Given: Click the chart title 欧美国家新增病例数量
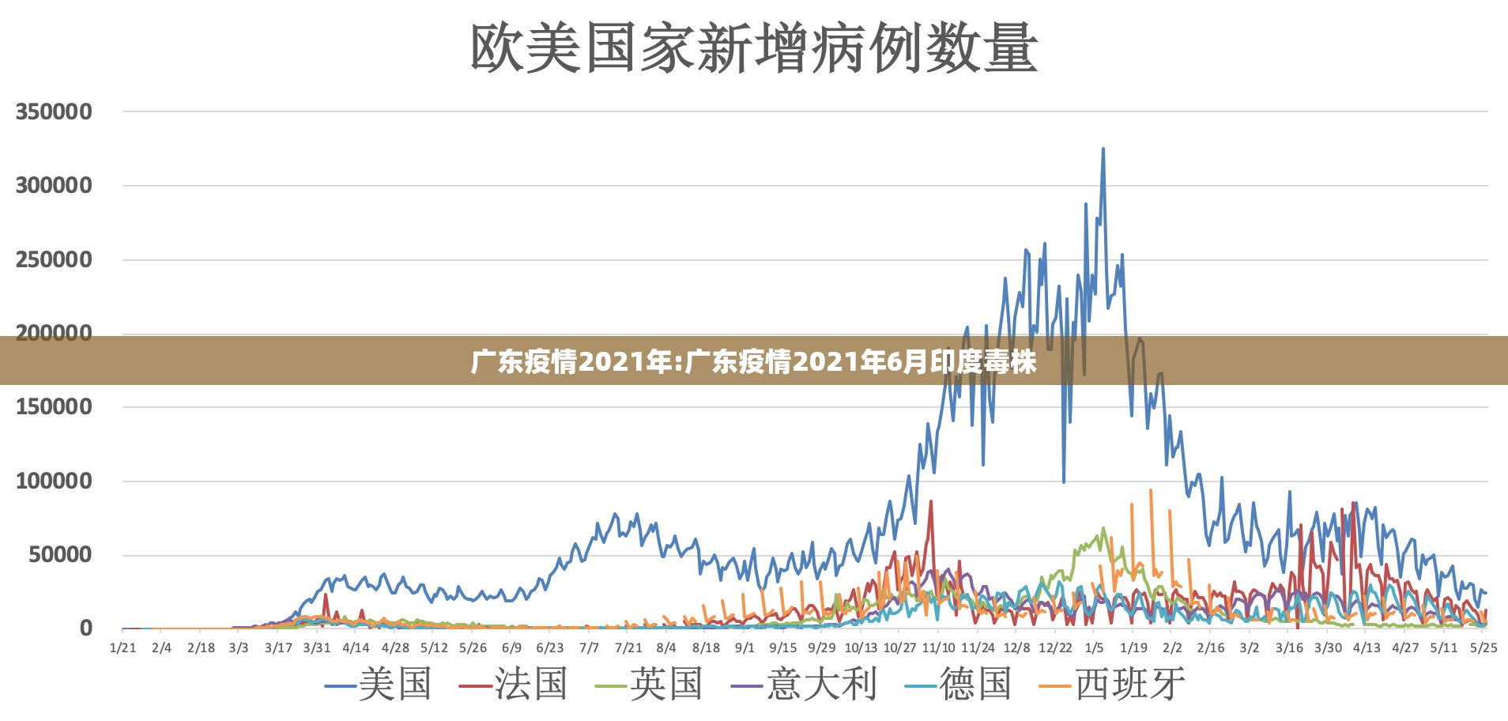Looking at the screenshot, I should [x=754, y=48].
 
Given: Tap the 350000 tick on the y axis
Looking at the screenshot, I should [x=54, y=111].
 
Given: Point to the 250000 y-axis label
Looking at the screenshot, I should [x=54, y=259].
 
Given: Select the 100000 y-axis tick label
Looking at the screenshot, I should [x=54, y=481].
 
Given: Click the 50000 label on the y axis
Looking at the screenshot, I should [x=60, y=554].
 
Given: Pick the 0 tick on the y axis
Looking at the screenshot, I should [x=85, y=629].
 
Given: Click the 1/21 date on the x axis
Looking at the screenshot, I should [x=123, y=648].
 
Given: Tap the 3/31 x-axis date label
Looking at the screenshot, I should [x=317, y=648].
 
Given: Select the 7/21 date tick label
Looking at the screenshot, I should [x=628, y=648].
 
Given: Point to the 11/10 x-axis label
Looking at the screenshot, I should [x=938, y=648].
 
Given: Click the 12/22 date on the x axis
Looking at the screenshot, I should [x=1055, y=648].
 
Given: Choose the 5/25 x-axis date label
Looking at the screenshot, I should [x=1483, y=648].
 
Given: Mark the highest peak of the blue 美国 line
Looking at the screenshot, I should [x=1103, y=149].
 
